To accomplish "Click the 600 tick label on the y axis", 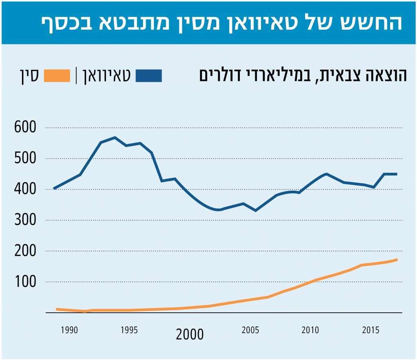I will point(25,127).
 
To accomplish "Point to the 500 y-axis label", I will point(25,158).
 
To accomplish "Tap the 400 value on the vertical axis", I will point(25,189).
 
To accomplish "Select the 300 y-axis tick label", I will point(25,220).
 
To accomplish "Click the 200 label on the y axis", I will point(25,251).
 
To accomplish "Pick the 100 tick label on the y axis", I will point(25,282).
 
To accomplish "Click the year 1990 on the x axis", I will point(69,329).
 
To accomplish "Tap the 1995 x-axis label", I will point(129,329).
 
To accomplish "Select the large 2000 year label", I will point(190,334).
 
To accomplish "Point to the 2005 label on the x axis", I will point(250,329).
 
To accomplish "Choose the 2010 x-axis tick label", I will point(310,329).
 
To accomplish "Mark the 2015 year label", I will point(371,329).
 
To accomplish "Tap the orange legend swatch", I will point(57,76).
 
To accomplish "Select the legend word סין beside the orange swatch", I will point(29,76).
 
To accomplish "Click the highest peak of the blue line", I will point(115,137).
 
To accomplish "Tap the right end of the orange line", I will point(397,259).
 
